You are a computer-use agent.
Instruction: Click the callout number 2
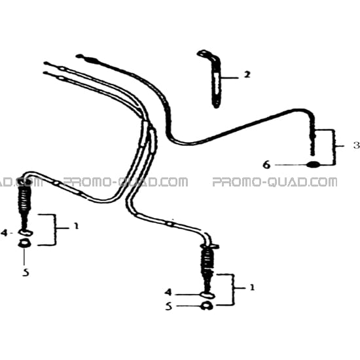click(x=247, y=75)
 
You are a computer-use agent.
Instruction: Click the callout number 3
click(x=357, y=145)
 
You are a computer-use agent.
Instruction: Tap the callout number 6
click(x=266, y=164)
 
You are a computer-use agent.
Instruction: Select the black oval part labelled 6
click(x=313, y=164)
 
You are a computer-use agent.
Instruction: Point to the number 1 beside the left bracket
click(x=76, y=226)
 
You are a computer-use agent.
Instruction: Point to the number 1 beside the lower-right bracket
click(x=252, y=287)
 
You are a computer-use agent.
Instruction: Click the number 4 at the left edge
click(x=5, y=232)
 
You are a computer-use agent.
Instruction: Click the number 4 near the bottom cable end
click(x=168, y=292)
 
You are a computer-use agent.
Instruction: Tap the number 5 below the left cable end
click(x=26, y=272)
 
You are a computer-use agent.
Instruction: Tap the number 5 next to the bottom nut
click(x=169, y=306)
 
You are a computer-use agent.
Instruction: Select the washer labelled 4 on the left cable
click(x=26, y=233)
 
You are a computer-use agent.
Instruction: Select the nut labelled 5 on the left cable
click(x=25, y=243)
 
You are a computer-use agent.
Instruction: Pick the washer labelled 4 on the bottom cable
click(x=207, y=295)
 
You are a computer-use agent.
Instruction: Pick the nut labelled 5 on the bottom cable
click(x=207, y=306)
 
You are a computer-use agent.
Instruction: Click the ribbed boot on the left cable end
click(x=25, y=199)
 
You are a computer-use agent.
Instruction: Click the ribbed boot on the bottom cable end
click(x=207, y=259)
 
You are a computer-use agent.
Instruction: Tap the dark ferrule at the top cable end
click(x=91, y=60)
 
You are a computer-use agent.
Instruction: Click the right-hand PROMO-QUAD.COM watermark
click(x=275, y=182)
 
